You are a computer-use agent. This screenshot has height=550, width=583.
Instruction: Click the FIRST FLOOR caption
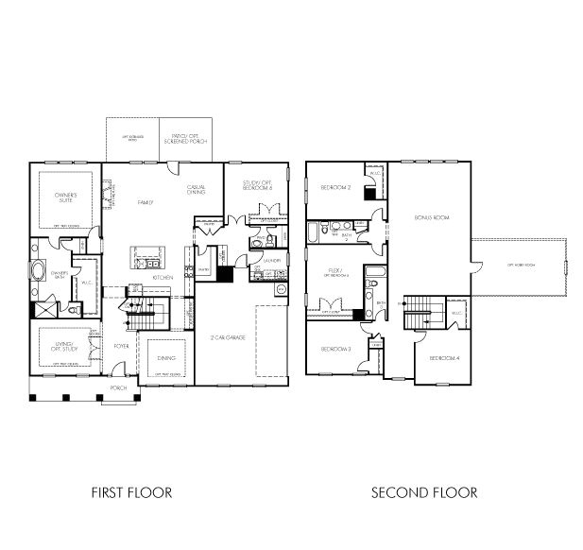(131, 492)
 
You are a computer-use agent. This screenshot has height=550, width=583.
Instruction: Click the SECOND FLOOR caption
(424, 492)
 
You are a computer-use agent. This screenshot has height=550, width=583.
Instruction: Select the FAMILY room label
(145, 202)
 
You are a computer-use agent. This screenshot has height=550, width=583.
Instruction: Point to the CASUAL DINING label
(197, 190)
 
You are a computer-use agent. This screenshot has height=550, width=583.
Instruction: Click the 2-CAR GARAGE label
(228, 337)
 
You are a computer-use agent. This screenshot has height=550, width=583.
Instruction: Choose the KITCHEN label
(162, 278)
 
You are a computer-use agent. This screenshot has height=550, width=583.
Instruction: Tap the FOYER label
(121, 346)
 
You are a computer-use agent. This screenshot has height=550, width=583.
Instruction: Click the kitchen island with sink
(146, 256)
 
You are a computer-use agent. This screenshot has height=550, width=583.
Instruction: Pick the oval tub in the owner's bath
(39, 272)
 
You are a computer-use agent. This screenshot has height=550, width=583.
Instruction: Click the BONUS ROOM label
(431, 217)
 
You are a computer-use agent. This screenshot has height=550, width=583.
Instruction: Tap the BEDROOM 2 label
(335, 187)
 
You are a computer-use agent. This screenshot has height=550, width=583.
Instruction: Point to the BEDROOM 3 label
(335, 350)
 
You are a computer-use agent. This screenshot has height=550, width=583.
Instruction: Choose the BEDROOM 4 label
(443, 358)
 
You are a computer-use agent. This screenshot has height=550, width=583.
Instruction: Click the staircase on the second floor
(419, 311)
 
